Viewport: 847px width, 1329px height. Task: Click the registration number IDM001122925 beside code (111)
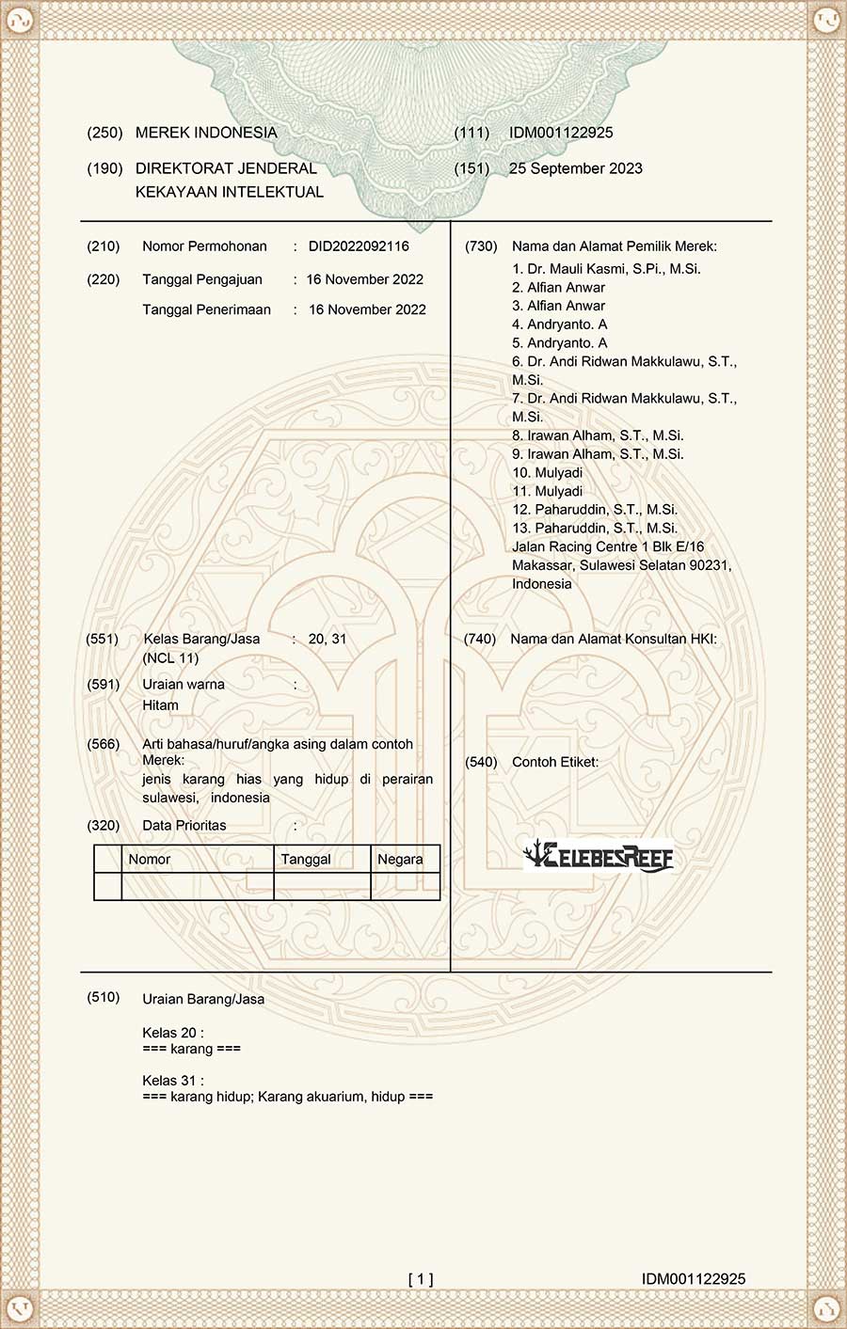click(561, 133)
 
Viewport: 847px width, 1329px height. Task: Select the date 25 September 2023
click(575, 168)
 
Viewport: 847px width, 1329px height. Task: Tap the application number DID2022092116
click(359, 246)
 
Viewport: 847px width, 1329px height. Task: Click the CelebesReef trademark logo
click(599, 855)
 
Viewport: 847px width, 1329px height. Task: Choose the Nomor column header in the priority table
click(150, 859)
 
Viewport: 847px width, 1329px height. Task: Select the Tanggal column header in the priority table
click(306, 859)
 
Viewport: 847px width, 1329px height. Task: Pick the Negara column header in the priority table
click(400, 859)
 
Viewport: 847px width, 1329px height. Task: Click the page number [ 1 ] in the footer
click(421, 1278)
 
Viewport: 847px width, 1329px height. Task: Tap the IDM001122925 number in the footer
click(694, 1278)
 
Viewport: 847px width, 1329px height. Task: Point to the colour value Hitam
click(160, 704)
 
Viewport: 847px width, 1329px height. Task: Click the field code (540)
click(481, 762)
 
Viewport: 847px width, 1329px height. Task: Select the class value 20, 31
click(328, 639)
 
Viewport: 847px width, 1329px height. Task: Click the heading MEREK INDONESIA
click(206, 133)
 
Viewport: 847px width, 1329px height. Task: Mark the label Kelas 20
click(173, 1033)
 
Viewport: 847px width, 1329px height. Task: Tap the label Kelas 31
click(173, 1081)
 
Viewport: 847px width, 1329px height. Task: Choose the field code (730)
click(481, 246)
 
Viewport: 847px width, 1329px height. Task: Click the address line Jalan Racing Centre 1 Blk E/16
click(608, 546)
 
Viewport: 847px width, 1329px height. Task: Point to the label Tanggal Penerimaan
click(206, 309)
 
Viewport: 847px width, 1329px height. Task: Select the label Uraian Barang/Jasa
click(203, 999)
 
